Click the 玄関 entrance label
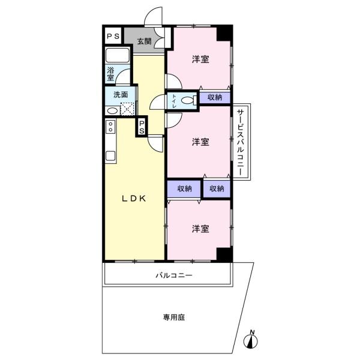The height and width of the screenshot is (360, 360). [144, 41]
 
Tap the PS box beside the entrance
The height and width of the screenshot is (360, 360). [113, 36]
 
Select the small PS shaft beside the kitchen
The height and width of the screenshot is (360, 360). [142, 127]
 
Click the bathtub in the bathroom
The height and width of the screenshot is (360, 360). [118, 55]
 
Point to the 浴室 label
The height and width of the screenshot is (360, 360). [110, 74]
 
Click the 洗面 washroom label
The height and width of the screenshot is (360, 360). [121, 95]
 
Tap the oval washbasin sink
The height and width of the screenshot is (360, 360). [113, 111]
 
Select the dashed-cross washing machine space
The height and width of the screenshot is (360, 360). [127, 109]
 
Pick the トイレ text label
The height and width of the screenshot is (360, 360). [174, 101]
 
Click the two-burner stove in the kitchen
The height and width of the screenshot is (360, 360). [110, 127]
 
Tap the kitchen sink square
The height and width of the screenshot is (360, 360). [110, 156]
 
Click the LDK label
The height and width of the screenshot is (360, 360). [134, 199]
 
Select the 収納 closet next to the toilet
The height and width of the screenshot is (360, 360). [215, 97]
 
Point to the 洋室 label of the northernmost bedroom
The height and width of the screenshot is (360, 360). [200, 59]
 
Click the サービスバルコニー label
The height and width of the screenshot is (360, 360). [240, 142]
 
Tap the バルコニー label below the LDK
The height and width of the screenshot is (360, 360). [174, 275]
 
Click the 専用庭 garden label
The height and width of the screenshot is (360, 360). [174, 317]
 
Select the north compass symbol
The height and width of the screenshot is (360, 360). [251, 340]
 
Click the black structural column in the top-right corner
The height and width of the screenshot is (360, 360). [224, 34]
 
